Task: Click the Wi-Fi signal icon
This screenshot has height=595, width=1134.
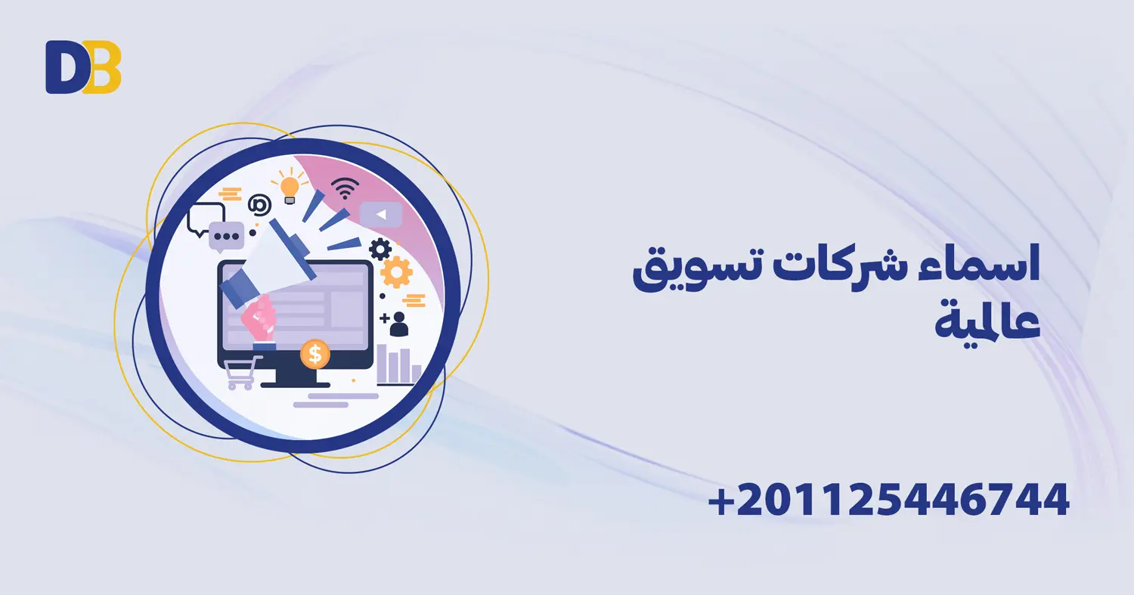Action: click(345, 189)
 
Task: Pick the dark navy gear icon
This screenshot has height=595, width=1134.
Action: click(380, 248)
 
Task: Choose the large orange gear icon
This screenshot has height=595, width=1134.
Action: click(396, 272)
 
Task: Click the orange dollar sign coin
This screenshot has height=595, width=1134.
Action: click(314, 354)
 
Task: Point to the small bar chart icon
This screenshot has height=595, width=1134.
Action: click(398, 364)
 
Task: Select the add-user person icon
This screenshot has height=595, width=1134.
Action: click(395, 324)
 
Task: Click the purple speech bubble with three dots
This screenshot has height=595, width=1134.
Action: click(226, 236)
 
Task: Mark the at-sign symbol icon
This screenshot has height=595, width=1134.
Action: click(259, 204)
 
